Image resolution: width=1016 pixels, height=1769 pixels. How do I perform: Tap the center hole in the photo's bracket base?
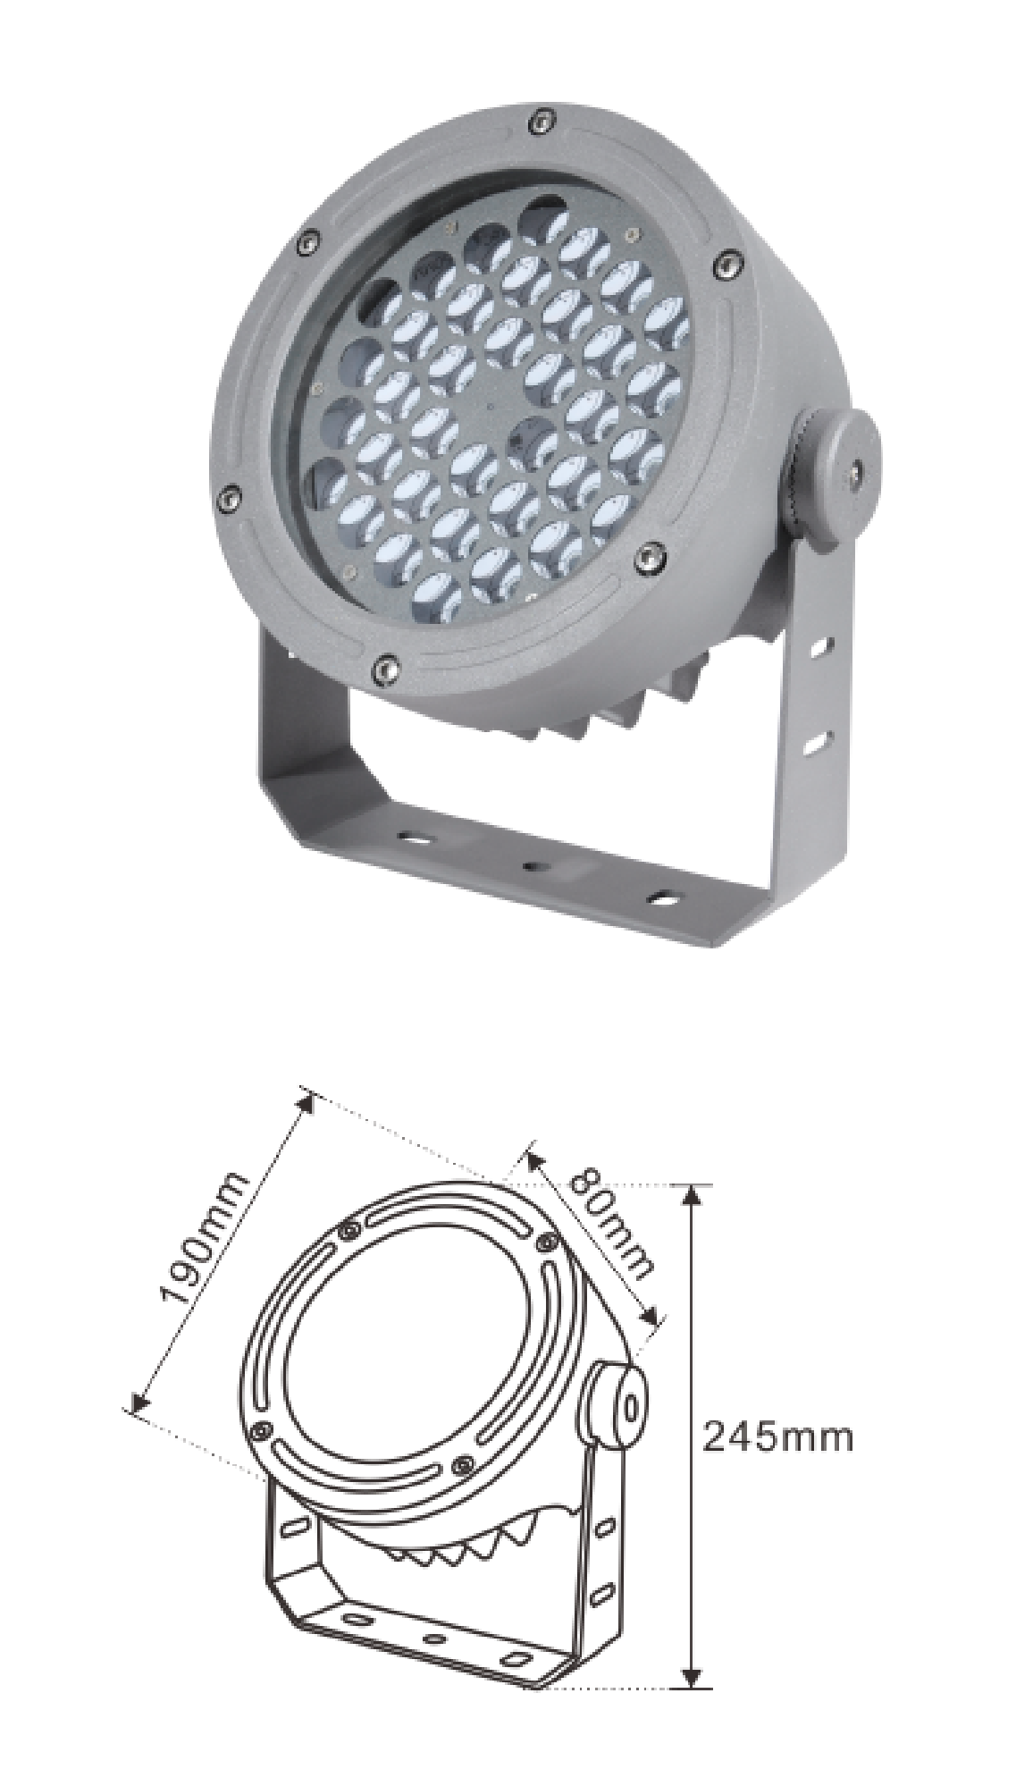(x=534, y=866)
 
